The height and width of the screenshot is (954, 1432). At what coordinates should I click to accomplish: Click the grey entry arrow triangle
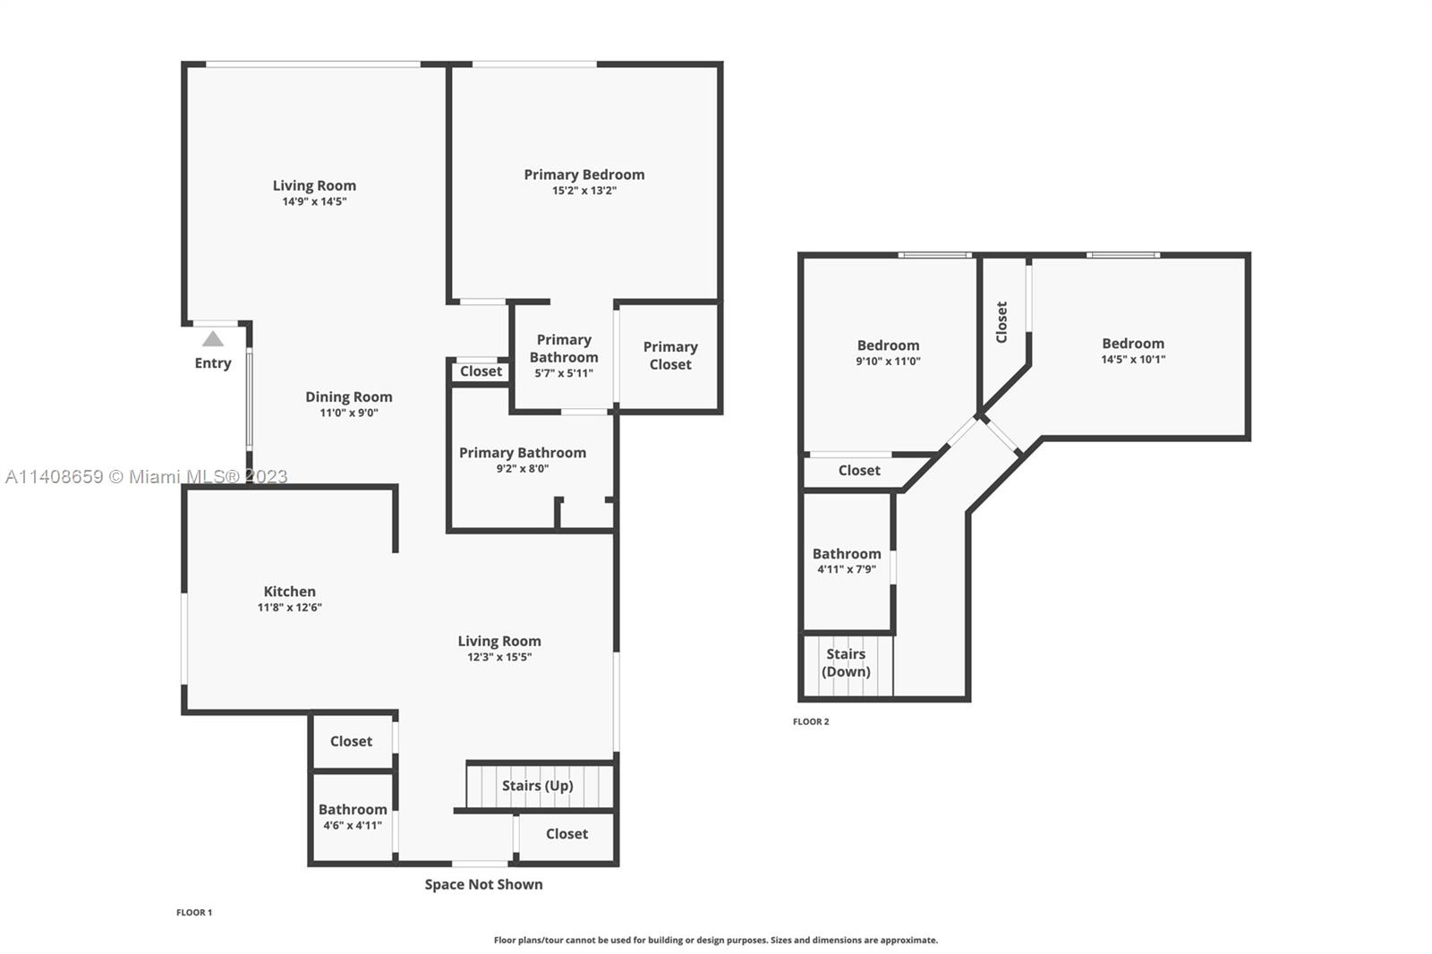[213, 339]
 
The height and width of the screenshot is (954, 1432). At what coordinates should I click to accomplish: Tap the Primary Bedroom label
[584, 175]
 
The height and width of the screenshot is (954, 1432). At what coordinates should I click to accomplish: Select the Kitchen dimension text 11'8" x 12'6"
[290, 608]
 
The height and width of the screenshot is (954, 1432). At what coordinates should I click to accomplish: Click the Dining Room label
[348, 397]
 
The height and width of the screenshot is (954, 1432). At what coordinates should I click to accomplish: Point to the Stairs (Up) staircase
[540, 786]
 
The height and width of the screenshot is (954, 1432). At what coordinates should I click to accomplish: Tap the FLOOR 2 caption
[811, 722]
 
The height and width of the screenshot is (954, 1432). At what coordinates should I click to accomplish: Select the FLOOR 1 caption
[194, 913]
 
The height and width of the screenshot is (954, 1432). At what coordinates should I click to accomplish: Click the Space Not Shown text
[484, 884]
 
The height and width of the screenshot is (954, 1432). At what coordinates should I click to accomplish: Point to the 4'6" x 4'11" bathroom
[353, 816]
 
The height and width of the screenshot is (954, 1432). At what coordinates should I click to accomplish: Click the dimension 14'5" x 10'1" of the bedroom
[1133, 360]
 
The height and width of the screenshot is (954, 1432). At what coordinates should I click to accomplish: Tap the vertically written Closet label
[1002, 322]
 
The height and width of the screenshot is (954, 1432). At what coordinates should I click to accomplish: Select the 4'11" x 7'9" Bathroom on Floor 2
[847, 561]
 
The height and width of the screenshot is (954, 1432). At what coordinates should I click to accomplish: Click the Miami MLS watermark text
[147, 477]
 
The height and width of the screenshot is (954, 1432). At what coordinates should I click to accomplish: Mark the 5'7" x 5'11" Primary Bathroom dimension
[564, 373]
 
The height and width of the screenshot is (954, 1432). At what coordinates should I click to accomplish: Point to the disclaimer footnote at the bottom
[716, 940]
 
